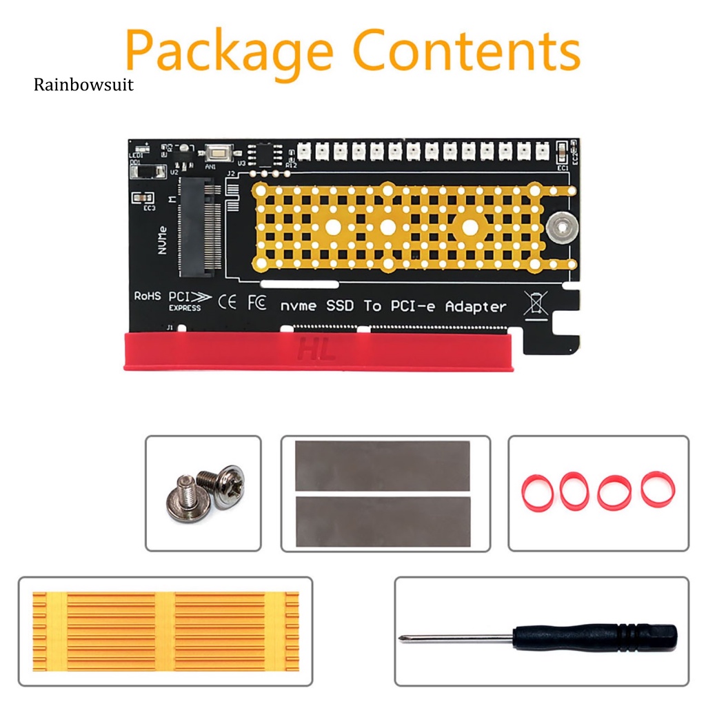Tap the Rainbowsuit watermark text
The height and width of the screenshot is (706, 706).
[83, 85]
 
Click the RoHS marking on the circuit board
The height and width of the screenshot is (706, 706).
[147, 296]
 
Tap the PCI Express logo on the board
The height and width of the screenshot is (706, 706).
[185, 301]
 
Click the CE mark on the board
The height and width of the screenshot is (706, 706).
[227, 301]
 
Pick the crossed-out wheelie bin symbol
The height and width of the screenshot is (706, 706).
[535, 303]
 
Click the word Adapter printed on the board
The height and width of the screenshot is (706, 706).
[476, 306]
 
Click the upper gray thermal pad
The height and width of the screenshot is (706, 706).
[382, 467]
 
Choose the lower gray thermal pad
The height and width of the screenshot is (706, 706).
[382, 521]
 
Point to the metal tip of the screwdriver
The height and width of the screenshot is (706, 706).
[407, 638]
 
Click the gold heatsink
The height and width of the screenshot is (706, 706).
[165, 632]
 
